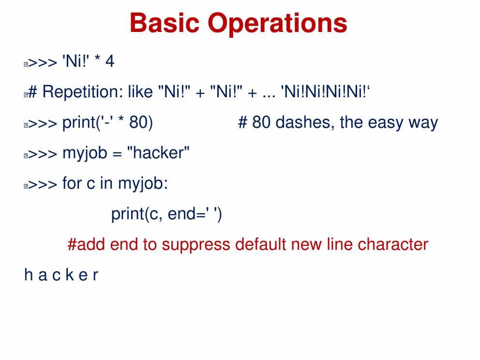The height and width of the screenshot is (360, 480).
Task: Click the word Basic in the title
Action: pos(165,23)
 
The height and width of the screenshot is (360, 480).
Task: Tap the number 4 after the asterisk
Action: pos(110,61)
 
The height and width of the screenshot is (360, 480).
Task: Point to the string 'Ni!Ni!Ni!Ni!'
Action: pos(326,91)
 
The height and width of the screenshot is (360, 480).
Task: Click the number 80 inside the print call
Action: pos(138,122)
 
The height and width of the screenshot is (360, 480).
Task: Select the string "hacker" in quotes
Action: pos(158,152)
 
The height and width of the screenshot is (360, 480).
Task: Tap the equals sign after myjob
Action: pos(117,154)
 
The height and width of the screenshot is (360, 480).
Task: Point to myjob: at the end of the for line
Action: pos(143,184)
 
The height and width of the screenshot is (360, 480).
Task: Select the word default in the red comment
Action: pos(261,244)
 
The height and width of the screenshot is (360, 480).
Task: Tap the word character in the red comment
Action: pos(393,244)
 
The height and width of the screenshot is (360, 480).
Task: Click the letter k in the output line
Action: pos(70,274)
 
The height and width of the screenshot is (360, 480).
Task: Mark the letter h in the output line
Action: pos(29,274)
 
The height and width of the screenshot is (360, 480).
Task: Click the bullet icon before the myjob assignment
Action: pos(26,155)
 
